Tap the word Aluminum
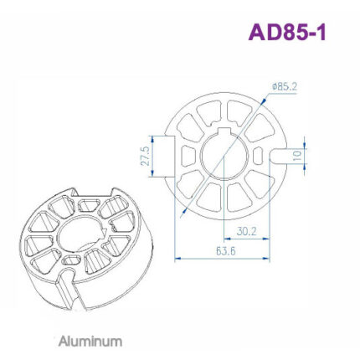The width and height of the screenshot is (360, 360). tap(90, 342)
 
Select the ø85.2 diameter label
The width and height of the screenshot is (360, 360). tap(285, 85)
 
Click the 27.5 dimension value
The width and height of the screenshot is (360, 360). tap(145, 157)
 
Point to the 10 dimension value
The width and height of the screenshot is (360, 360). tap(296, 156)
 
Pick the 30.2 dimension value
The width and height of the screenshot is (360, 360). tap(245, 231)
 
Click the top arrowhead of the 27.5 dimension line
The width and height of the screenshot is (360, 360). tap(152, 135)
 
